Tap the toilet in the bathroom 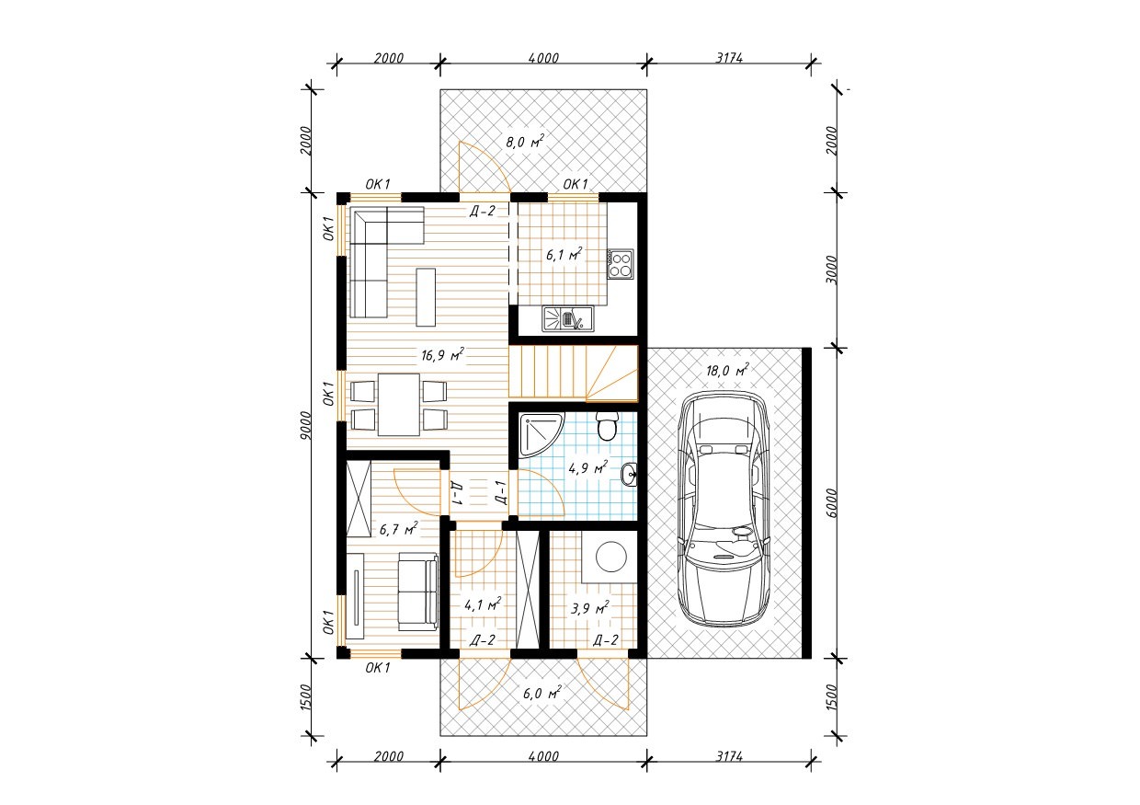coord(607,427)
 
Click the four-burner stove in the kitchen coord(621,264)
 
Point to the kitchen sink coord(568,318)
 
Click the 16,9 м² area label coord(441,354)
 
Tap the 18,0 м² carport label coord(727,370)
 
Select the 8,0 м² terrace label coord(525,141)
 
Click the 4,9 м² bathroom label coord(587,467)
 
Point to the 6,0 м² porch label coord(542,693)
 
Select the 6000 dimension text coord(830,502)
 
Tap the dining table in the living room coord(398,405)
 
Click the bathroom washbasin coord(630,474)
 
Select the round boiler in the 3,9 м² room coord(610,557)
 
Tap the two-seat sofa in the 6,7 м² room coord(418,592)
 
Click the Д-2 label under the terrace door coord(482,211)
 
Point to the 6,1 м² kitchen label coord(564,254)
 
